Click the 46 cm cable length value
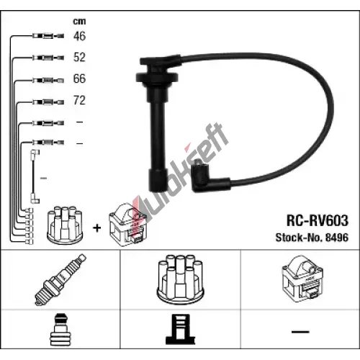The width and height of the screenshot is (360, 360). click(79, 36)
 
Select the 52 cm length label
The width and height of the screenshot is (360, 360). click(79, 57)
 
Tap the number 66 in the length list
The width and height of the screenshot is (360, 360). click(79, 78)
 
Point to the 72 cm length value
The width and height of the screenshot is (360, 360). click(79, 100)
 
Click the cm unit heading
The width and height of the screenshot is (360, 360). click(79, 22)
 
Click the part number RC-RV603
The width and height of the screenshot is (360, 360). click(318, 220)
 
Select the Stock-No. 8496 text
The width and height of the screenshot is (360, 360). click(312, 238)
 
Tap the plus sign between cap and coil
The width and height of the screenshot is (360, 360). click(97, 228)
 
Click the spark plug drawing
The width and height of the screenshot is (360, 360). click(60, 279)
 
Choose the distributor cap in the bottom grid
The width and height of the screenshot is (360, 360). click(180, 279)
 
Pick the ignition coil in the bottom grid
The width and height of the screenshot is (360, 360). click(302, 279)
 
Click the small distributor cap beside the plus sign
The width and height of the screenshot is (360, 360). click(65, 225)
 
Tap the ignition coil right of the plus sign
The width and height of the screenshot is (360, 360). click(128, 225)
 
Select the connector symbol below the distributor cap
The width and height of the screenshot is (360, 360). click(180, 329)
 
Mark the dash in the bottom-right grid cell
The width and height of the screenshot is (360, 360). click(300, 332)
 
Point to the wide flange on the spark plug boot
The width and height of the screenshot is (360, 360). click(157, 78)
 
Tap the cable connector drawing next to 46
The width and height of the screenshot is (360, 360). click(48, 36)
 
